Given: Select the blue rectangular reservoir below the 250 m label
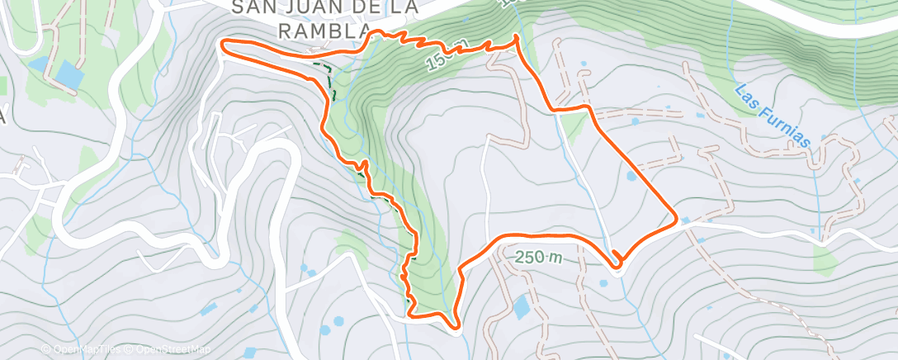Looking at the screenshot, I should click(x=521, y=308).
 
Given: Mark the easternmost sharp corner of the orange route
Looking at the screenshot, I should click(x=677, y=219).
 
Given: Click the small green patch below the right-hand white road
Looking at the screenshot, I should click(x=826, y=259).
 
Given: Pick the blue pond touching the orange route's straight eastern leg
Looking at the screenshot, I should click(x=632, y=176).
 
